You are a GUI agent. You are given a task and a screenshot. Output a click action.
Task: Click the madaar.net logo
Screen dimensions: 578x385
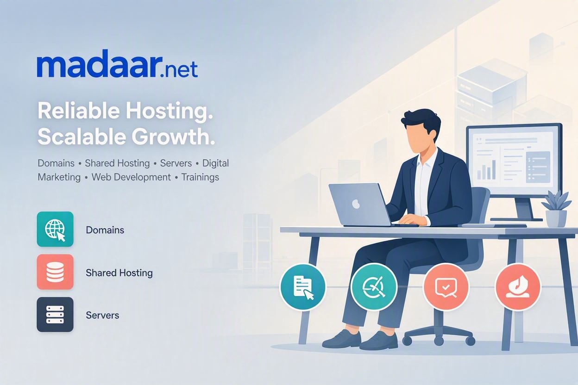[118, 63]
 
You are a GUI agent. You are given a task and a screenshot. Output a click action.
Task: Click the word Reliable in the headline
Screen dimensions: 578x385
[79, 111]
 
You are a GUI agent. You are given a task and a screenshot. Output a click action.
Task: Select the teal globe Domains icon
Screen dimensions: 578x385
[55, 229]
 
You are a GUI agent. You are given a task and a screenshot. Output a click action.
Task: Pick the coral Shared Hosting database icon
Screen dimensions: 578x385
[55, 272]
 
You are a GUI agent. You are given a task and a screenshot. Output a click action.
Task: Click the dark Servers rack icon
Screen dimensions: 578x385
[55, 314]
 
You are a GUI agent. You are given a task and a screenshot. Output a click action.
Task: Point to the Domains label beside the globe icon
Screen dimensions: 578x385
[105, 230]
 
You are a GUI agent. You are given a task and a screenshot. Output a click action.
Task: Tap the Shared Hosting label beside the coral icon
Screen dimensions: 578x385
[119, 273]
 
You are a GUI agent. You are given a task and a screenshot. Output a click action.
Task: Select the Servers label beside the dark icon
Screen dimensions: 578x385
[102, 315]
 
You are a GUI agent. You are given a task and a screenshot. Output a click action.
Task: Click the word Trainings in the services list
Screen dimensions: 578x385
[200, 177]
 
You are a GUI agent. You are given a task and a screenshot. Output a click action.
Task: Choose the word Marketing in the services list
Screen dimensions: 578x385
[59, 177]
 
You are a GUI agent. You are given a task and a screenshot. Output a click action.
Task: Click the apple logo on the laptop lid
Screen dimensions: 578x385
[356, 204]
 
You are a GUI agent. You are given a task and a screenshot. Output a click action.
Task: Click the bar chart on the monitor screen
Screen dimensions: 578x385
[486, 170]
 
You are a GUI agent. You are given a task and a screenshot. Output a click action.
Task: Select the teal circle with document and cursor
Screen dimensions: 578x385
[303, 287]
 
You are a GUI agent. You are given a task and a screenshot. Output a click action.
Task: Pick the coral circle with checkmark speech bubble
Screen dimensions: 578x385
[446, 287]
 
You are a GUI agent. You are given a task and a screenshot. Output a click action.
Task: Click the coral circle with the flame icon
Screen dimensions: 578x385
[518, 286]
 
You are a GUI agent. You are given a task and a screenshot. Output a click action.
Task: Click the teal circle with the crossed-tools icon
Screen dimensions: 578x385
[374, 287]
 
